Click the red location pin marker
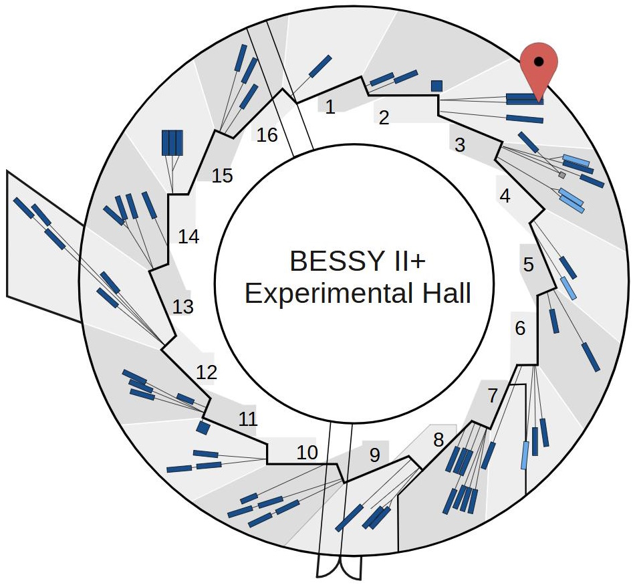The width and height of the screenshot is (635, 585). click(539, 64)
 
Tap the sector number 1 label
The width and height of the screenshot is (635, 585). click(330, 106)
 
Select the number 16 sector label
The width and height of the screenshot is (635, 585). click(267, 135)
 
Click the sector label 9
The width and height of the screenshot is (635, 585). click(374, 455)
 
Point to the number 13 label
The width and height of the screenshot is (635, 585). click(182, 307)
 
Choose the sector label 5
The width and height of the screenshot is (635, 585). click(529, 265)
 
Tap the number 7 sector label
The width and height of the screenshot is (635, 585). click(493, 395)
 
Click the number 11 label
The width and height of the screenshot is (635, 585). click(247, 419)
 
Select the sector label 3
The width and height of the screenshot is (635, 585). click(459, 144)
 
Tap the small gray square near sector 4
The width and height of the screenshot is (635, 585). click(562, 175)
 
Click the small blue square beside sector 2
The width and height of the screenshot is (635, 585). click(436, 86)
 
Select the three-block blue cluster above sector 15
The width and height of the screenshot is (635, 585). click(172, 142)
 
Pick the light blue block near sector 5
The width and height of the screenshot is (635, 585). click(567, 287)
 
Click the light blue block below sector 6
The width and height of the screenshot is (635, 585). click(525, 455)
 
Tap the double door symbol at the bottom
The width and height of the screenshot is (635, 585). click(340, 568)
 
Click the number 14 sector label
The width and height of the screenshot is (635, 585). click(188, 237)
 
